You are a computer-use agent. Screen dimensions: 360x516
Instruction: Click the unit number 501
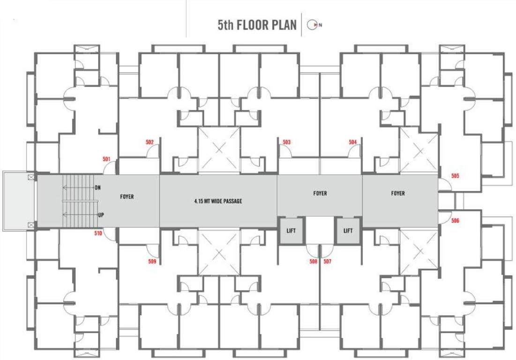[x=106, y=159]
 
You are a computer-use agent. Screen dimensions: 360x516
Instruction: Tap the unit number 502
[x=150, y=142]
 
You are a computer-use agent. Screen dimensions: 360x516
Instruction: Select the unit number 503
[x=287, y=142]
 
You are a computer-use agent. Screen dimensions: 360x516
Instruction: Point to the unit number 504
[x=353, y=142]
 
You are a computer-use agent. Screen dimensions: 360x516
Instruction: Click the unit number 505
[x=455, y=176]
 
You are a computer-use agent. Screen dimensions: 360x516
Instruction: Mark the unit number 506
[x=455, y=220]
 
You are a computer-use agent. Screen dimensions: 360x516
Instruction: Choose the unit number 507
[x=327, y=262]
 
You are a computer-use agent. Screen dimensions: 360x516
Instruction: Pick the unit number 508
[x=313, y=262]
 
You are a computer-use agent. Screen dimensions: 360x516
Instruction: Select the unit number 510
[x=97, y=233]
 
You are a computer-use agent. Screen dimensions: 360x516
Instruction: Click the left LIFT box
[x=292, y=231]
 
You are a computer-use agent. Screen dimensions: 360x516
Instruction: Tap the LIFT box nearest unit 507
[x=348, y=231]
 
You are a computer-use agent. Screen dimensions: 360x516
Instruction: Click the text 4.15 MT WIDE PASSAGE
[x=218, y=202]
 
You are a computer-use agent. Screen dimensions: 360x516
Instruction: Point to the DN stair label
[x=98, y=187]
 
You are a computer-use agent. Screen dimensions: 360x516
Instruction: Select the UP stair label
[x=101, y=215]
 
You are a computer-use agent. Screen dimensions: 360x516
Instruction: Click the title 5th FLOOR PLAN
[x=257, y=25]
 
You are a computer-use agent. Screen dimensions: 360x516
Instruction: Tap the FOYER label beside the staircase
[x=127, y=197]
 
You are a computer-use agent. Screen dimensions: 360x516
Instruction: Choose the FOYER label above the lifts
[x=320, y=194]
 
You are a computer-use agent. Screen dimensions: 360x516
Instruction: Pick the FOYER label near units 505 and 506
[x=398, y=194]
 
